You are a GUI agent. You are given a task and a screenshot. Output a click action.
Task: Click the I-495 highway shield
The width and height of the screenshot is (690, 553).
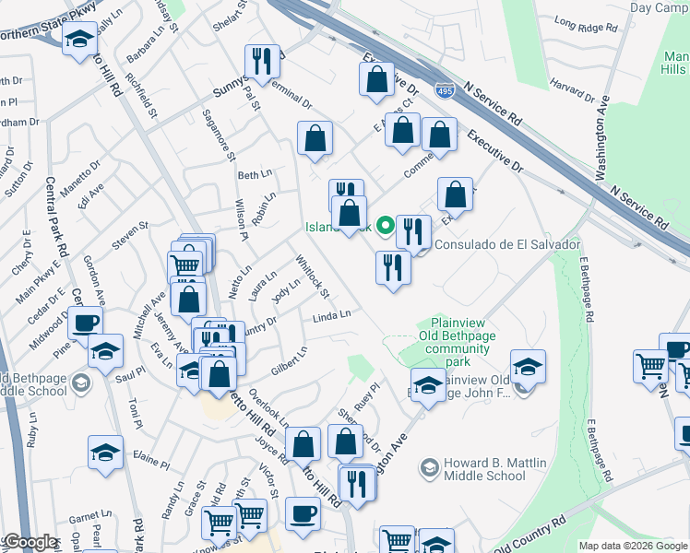[445, 91]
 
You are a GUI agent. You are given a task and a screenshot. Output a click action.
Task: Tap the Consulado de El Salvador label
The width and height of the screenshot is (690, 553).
[507, 244]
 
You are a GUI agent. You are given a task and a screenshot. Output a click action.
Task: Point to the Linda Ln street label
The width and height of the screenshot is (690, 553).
[332, 315]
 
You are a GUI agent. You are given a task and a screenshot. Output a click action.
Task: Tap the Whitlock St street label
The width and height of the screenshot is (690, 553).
[313, 276]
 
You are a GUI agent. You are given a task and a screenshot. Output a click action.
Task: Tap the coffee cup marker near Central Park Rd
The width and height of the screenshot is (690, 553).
[86, 324]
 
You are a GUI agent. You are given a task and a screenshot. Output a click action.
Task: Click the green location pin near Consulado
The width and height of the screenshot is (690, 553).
[385, 224]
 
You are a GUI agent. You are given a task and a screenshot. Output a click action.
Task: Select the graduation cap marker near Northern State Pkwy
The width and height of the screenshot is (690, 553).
[80, 41]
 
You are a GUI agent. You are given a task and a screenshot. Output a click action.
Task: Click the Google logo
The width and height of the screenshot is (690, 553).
[30, 543]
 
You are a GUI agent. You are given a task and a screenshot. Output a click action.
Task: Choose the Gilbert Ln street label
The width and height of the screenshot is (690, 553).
[289, 360]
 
